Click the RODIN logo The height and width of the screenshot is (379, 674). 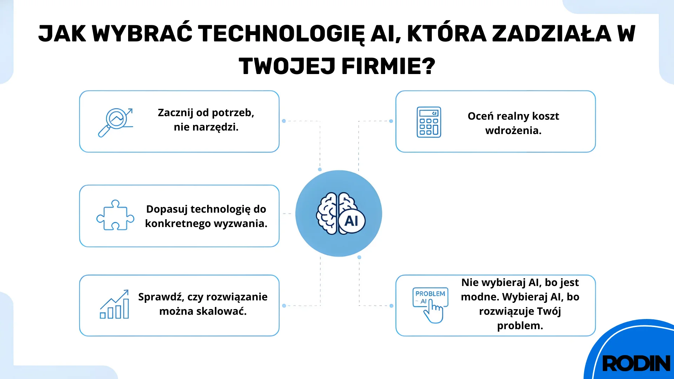[x=636, y=363]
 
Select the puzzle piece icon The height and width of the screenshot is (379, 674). [x=115, y=215]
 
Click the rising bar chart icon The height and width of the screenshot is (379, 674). [x=114, y=305]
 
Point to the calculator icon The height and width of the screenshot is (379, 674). [x=429, y=122]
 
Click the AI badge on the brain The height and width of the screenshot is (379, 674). [x=351, y=221]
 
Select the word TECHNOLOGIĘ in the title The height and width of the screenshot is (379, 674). [x=281, y=34]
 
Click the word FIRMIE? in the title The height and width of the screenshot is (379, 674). [x=388, y=66]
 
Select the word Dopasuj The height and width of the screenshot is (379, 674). [x=167, y=209]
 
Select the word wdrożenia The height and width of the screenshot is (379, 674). [x=513, y=131]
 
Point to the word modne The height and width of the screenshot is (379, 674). [x=480, y=297]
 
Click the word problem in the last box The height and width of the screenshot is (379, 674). [x=520, y=326]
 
